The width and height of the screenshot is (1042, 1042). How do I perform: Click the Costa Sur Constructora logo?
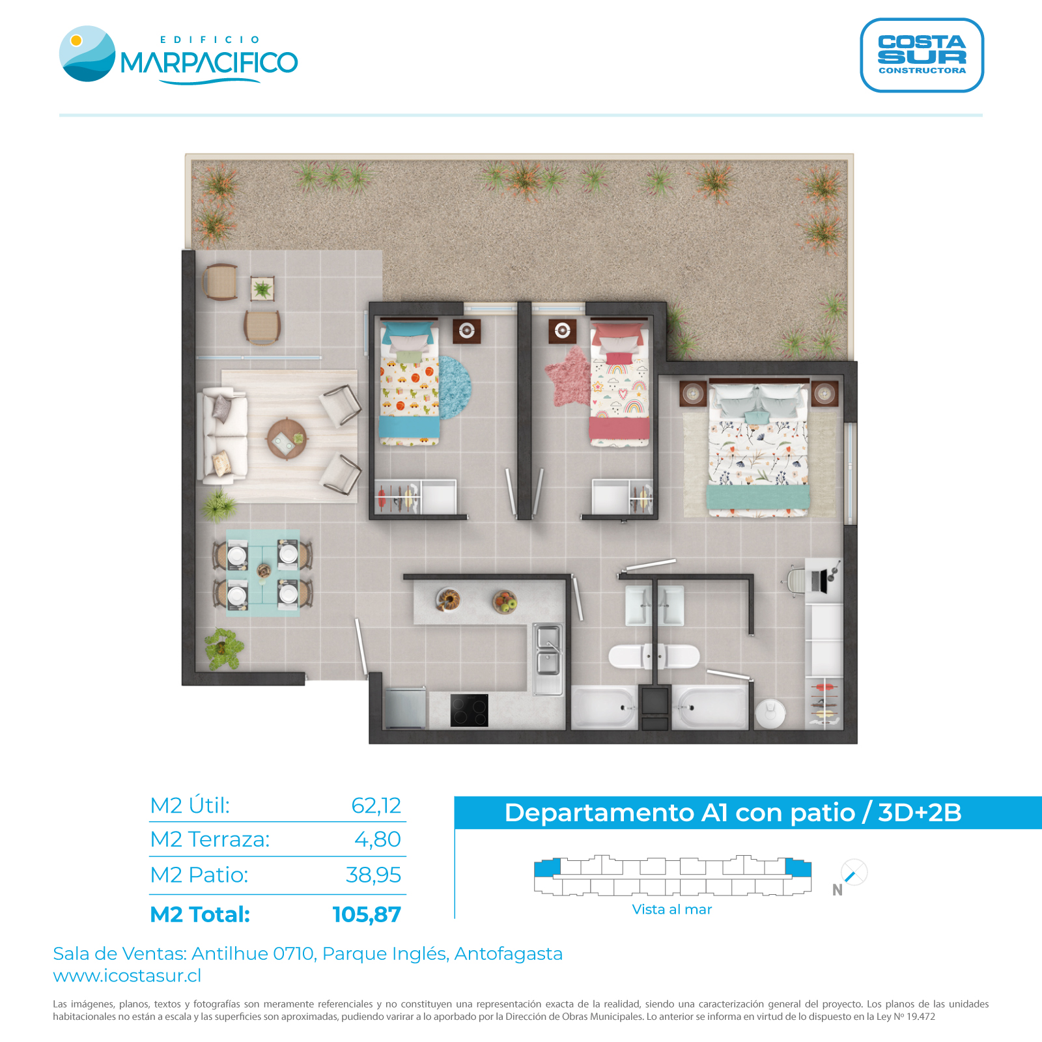tap(922, 55)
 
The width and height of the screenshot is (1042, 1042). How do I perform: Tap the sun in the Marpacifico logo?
tap(76, 40)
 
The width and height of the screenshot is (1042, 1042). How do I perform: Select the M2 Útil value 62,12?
tap(376, 806)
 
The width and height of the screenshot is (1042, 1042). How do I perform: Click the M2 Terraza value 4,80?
tap(378, 839)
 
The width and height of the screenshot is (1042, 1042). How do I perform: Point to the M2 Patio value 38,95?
tap(373, 875)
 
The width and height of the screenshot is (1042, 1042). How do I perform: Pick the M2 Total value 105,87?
tap(367, 914)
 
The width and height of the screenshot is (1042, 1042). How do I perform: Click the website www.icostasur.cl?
tap(127, 976)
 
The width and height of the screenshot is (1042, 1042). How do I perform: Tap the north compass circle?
tap(854, 872)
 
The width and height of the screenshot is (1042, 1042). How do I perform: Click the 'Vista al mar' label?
tap(672, 909)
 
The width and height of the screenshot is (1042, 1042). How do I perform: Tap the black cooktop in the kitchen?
tap(469, 710)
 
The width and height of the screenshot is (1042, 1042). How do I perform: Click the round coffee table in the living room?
tap(287, 439)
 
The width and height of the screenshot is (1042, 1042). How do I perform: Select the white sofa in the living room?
tap(223, 436)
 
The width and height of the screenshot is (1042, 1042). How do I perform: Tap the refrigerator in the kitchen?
tap(405, 708)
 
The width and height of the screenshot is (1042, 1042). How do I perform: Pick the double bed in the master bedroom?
tap(758, 449)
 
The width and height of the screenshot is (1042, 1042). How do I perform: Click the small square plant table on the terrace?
tap(262, 289)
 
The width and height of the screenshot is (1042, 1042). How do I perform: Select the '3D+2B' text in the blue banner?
tap(920, 813)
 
